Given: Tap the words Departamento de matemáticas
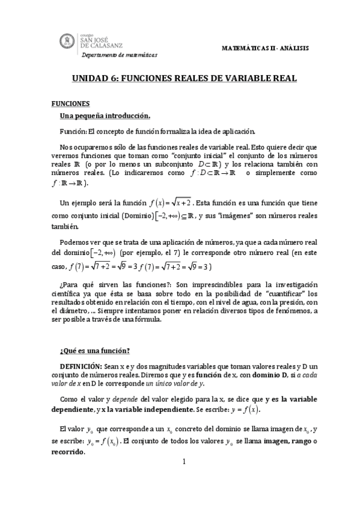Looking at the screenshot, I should click(x=119, y=55).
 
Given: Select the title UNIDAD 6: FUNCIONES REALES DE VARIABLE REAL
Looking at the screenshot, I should click(x=180, y=79).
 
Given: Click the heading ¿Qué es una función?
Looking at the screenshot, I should click(x=95, y=351).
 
